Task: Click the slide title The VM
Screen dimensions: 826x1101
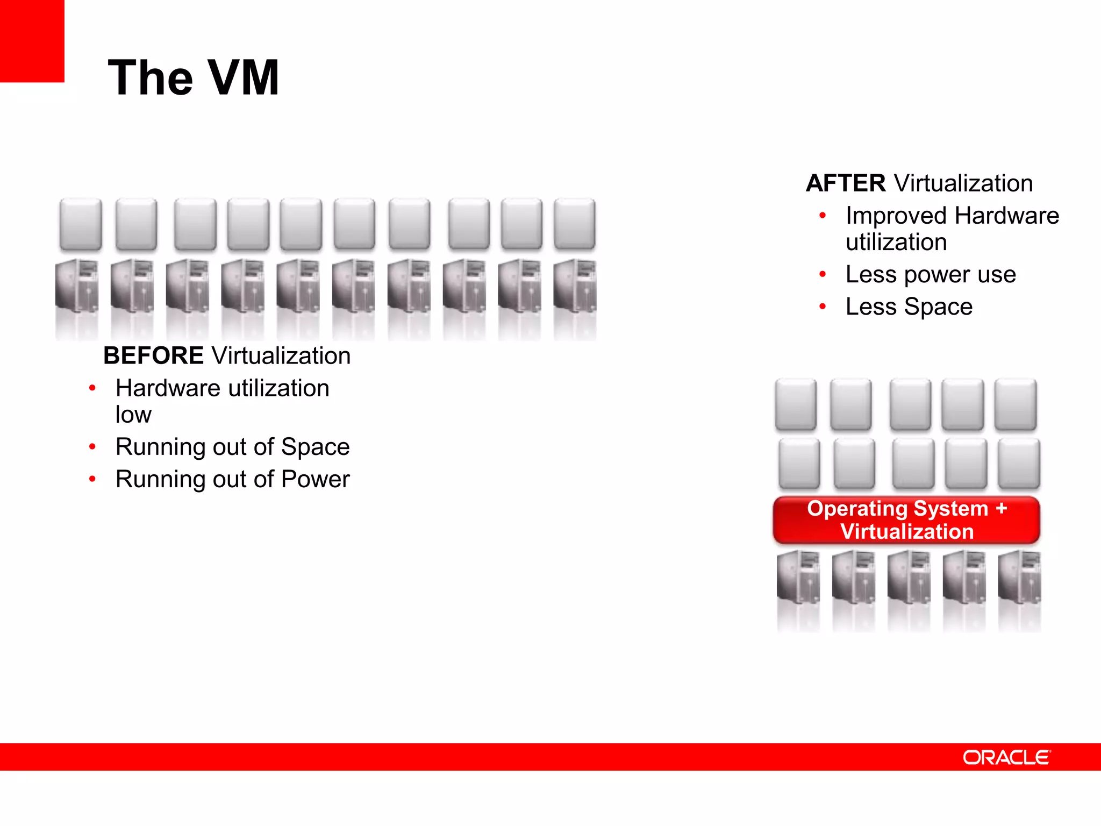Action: pyautogui.click(x=194, y=79)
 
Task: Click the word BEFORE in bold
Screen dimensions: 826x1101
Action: pyautogui.click(x=153, y=356)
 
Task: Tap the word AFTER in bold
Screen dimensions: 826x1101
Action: pyautogui.click(x=846, y=183)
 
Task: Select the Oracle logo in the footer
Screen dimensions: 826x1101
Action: pyautogui.click(x=1006, y=757)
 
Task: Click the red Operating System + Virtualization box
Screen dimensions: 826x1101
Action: pyautogui.click(x=906, y=520)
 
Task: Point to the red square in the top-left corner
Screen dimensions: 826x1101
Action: pyautogui.click(x=32, y=40)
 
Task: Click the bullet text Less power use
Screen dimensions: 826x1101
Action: pyautogui.click(x=931, y=275)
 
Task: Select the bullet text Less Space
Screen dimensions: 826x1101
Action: pyautogui.click(x=909, y=307)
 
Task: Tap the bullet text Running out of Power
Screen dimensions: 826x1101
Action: pyautogui.click(x=232, y=479)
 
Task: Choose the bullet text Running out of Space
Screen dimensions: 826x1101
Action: pyautogui.click(x=232, y=447)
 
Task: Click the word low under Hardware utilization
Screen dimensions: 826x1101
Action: pyautogui.click(x=133, y=415)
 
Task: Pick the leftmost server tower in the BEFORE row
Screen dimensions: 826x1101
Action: pyautogui.click(x=77, y=286)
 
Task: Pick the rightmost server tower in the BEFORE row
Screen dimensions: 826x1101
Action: pyautogui.click(x=575, y=286)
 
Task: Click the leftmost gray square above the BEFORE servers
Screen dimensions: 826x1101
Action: pyautogui.click(x=81, y=224)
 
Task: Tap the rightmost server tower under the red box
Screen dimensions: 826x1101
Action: pyautogui.click(x=1019, y=576)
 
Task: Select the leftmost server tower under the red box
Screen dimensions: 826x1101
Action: pyautogui.click(x=798, y=576)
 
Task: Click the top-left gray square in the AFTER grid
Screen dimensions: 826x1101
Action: pyautogui.click(x=796, y=404)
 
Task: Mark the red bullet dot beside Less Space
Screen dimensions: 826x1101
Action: pyautogui.click(x=822, y=307)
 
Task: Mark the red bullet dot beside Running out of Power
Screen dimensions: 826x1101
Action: pyautogui.click(x=92, y=479)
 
